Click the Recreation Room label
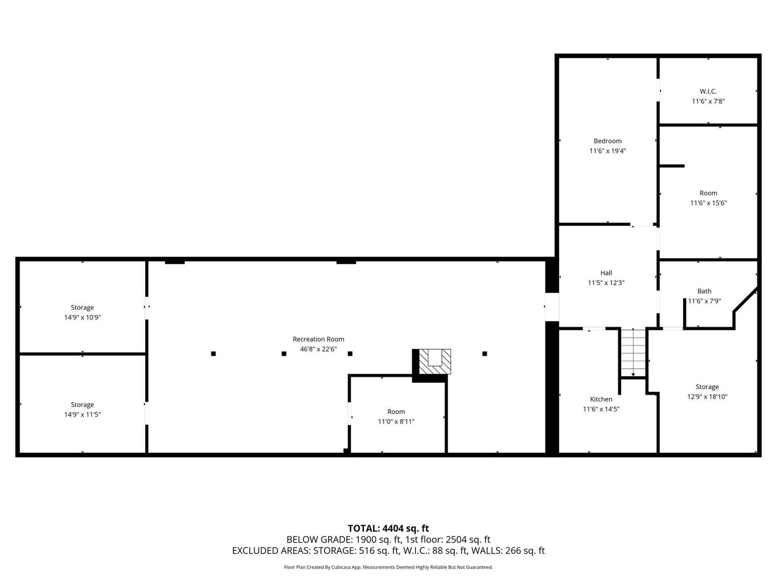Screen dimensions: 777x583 [318, 339]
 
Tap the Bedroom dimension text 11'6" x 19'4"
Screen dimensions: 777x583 [608, 151]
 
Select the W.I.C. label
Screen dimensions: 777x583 [708, 91]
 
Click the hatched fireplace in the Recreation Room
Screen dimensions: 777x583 [435, 362]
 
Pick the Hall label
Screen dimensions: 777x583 [606, 273]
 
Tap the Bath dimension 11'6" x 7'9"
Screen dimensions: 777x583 [704, 301]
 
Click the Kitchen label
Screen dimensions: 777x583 [601, 399]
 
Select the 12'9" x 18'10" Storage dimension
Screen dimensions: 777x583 [707, 397]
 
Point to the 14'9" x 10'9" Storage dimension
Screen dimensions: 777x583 [82, 317]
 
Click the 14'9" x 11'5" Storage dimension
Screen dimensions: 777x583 [82, 415]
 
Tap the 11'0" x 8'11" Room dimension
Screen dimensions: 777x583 [396, 422]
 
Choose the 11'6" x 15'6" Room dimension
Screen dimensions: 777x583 [708, 203]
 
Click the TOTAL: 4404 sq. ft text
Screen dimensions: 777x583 [388, 528]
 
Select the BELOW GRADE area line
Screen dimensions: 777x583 [388, 540]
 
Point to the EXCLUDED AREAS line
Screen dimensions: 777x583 [388, 551]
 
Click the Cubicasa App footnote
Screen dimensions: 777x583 [388, 567]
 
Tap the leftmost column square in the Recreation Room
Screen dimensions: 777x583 [213, 354]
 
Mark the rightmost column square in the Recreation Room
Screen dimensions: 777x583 [484, 354]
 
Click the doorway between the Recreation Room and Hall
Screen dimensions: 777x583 [551, 307]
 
